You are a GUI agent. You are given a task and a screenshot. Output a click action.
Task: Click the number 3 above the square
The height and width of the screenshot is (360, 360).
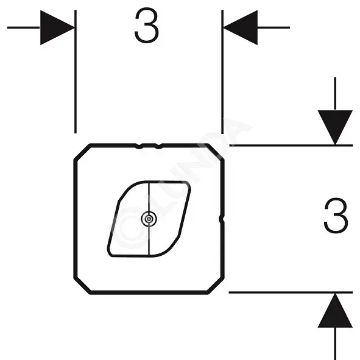(x=147, y=25)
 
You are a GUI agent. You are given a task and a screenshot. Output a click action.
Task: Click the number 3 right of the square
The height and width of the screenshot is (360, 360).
(x=336, y=216)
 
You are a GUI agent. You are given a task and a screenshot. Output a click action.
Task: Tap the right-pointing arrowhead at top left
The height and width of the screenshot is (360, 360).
(x=57, y=27)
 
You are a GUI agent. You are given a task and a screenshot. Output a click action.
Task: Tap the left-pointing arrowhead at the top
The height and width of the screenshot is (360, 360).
(x=241, y=27)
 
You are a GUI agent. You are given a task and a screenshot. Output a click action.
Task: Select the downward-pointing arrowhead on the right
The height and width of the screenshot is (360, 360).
(x=335, y=127)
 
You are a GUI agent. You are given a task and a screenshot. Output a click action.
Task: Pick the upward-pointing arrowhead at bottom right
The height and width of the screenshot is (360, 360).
(x=335, y=310)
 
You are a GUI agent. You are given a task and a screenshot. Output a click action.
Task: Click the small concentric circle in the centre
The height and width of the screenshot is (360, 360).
(x=149, y=219)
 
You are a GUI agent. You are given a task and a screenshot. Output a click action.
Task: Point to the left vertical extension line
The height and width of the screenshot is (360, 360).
(x=76, y=72)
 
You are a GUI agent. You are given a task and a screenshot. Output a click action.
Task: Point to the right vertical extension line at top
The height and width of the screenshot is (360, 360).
(x=222, y=72)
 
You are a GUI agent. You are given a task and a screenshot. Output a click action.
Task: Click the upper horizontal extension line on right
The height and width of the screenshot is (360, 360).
(x=291, y=146)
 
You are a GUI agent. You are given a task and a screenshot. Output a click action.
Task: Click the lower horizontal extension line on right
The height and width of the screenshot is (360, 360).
(x=291, y=292)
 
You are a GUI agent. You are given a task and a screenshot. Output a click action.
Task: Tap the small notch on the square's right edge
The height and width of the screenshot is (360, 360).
(x=221, y=219)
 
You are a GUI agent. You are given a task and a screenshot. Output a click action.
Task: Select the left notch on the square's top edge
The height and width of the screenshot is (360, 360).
(x=138, y=146)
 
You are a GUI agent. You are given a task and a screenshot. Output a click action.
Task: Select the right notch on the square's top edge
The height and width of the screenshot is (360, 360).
(x=158, y=146)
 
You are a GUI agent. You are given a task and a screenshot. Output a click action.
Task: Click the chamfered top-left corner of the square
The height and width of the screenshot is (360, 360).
(x=82, y=152)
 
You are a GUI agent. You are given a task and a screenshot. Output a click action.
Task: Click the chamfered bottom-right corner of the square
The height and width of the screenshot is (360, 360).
(x=216, y=286)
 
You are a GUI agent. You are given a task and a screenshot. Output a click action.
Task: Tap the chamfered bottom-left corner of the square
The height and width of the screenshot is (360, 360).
(x=82, y=286)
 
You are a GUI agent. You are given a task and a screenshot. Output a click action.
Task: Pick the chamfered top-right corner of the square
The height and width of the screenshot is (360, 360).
(x=216, y=152)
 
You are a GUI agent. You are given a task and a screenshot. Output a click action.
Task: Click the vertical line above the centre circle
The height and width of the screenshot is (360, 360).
(x=149, y=196)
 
